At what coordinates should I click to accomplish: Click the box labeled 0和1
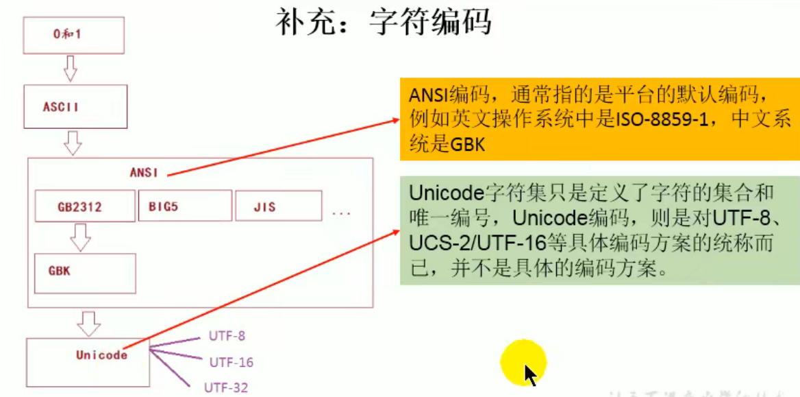point(73,35)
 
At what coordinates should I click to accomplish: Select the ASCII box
point(75,107)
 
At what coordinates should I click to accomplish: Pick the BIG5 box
point(184,206)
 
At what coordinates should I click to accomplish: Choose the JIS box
point(278,206)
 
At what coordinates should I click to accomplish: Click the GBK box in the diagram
point(85,273)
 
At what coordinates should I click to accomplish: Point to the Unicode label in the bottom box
point(101,355)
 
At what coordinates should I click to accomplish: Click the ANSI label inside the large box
point(144,173)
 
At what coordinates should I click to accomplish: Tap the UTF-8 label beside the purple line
point(227,337)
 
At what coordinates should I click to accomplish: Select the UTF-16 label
point(231,362)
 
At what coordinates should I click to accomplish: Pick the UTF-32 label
point(226,388)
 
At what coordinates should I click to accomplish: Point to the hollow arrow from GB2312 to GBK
point(81,237)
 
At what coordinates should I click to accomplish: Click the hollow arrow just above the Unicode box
point(89,322)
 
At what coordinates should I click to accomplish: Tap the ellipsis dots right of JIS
point(341,214)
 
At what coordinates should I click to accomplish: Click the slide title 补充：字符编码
point(384,22)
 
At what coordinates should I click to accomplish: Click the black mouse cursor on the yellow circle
point(529,374)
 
